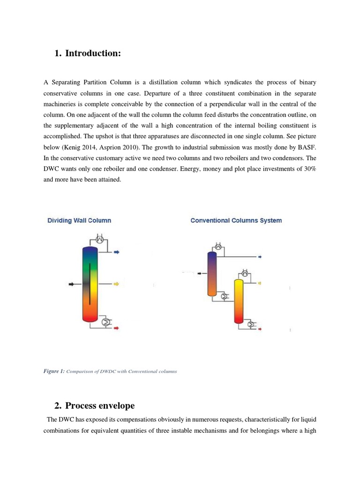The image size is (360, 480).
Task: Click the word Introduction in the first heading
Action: (x=93, y=53)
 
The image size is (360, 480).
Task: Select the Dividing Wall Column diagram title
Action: (x=79, y=220)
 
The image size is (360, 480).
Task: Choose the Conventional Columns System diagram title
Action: (x=236, y=220)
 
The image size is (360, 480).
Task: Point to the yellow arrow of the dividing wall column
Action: (x=117, y=284)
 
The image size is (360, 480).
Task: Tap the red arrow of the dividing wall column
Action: (x=117, y=328)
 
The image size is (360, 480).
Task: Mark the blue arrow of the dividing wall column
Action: (x=117, y=252)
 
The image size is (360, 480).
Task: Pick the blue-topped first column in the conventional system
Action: (x=212, y=273)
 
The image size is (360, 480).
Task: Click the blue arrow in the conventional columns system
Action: (x=260, y=257)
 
